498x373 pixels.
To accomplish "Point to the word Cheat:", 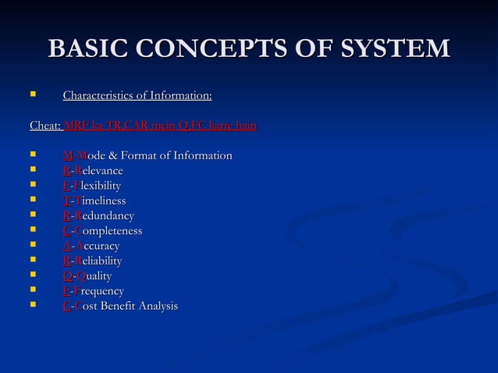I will (45, 125).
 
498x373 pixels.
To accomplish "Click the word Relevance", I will (99, 170).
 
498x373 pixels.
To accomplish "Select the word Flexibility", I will (98, 185).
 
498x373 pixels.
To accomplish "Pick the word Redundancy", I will (105, 215).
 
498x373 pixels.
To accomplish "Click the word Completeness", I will (108, 230).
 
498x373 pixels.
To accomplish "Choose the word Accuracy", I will (98, 246).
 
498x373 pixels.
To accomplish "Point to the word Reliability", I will (98, 261).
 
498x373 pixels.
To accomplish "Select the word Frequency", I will (99, 290).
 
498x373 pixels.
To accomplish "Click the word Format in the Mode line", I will (140, 155).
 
